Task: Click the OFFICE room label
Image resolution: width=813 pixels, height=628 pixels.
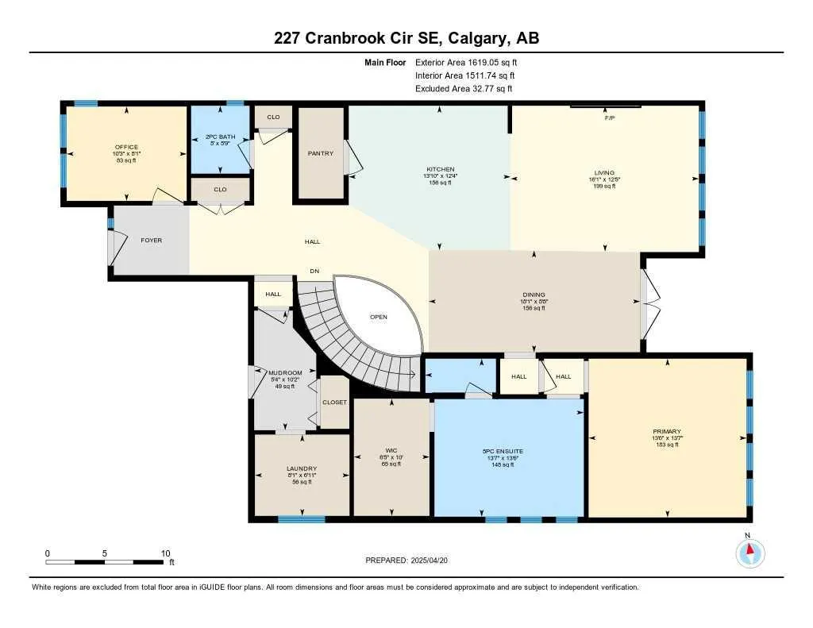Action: click(x=126, y=147)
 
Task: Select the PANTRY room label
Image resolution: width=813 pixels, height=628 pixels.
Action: click(x=320, y=153)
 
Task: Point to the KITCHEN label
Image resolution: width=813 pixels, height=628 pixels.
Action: click(x=440, y=169)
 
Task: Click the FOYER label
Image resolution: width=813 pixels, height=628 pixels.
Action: click(x=152, y=241)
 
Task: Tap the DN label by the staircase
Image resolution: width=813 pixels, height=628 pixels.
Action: click(x=314, y=272)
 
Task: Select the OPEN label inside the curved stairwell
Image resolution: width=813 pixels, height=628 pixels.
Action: click(x=379, y=317)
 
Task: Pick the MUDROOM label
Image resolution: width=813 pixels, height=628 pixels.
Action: click(x=285, y=372)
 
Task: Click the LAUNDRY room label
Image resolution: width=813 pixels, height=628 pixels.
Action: click(x=302, y=468)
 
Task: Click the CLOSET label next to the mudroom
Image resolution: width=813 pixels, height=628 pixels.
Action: click(x=334, y=403)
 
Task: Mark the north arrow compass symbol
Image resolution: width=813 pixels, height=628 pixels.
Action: click(x=748, y=552)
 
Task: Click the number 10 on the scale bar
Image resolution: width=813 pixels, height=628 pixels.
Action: click(x=165, y=553)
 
